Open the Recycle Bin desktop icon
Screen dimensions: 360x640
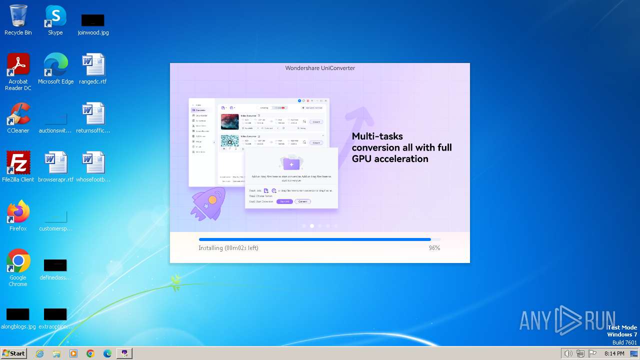pos(18,17)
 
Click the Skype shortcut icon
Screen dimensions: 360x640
pos(55,17)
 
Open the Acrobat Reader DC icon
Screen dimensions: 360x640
pos(18,65)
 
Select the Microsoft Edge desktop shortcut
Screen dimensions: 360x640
pos(55,65)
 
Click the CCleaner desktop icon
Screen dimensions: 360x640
pos(18,114)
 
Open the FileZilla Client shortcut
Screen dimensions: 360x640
pos(18,163)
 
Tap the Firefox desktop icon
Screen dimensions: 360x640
pos(18,212)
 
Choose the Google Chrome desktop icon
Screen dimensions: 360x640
pos(18,261)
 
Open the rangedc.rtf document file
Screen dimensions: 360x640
pos(93,65)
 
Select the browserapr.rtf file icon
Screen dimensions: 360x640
pos(55,163)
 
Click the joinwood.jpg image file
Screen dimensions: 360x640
pos(93,20)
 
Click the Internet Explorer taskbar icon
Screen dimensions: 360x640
pos(40,353)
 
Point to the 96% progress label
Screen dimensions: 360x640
pos(434,248)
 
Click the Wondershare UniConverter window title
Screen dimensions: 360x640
pos(320,68)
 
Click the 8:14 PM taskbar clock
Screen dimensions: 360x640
pos(614,353)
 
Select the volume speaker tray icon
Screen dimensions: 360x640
pos(568,353)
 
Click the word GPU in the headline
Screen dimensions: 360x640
pos(362,159)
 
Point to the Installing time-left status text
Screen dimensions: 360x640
pos(228,248)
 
